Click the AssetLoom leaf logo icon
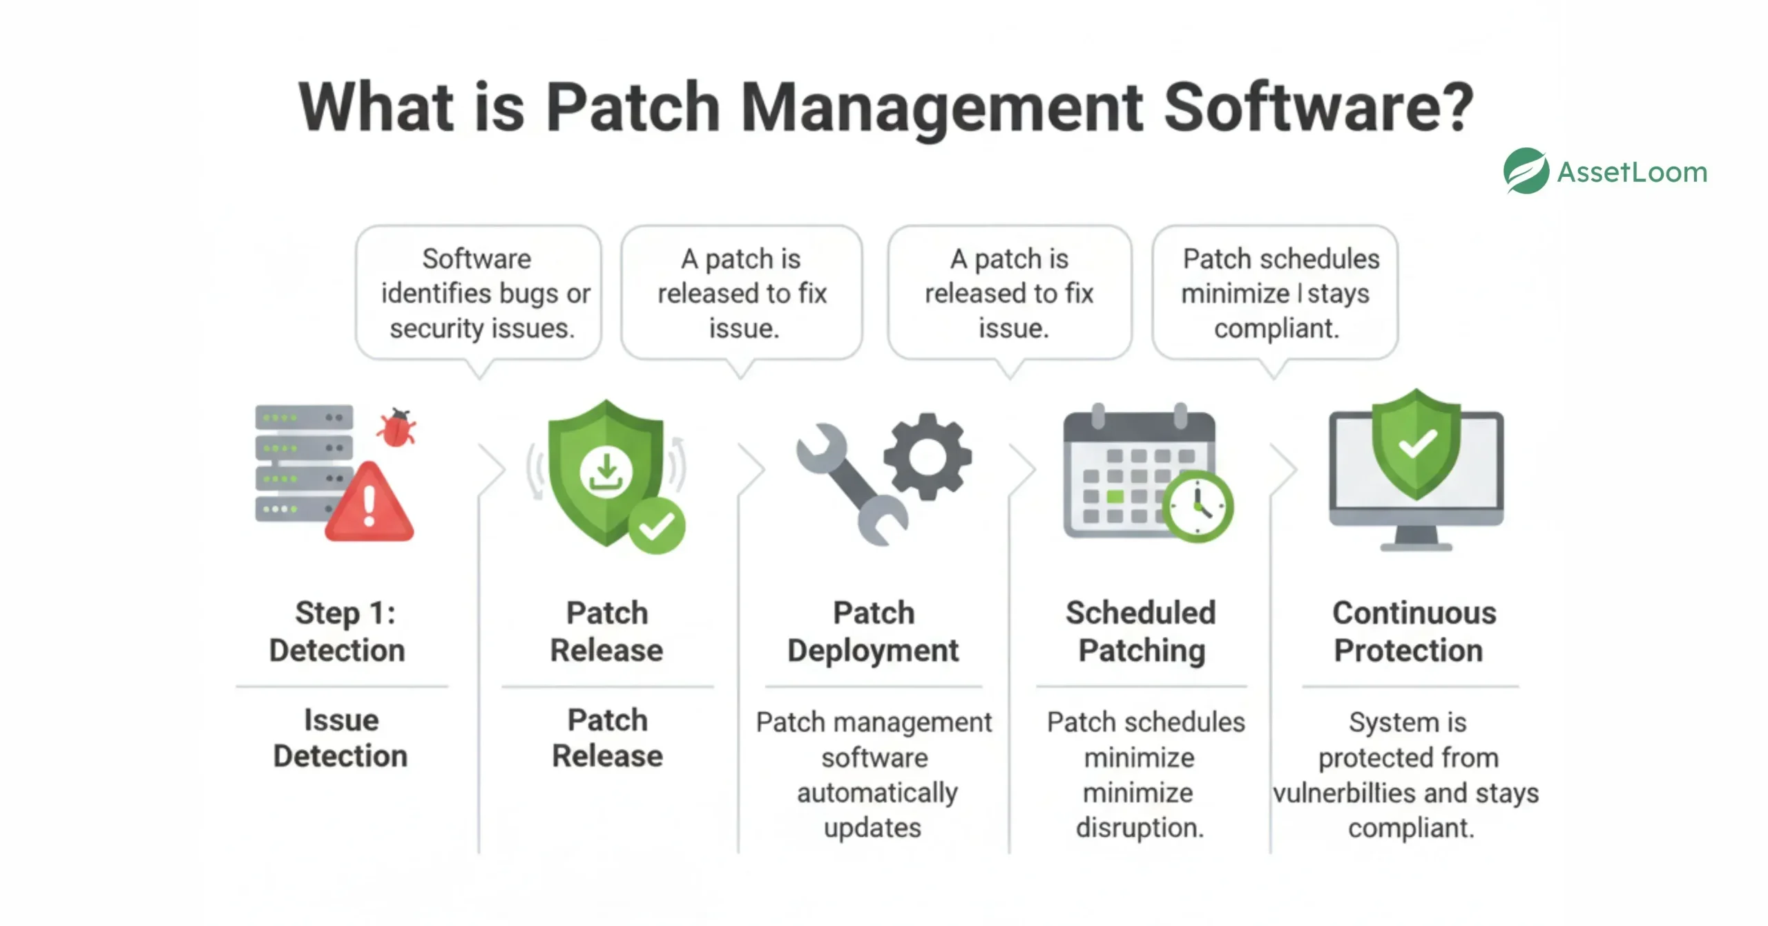1526,171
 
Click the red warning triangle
369,504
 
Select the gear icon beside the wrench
928,456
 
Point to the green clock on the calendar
1198,507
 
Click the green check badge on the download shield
656,526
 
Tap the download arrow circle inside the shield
606,473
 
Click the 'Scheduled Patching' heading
1141,631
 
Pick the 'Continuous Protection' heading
1412,631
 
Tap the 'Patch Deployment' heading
874,631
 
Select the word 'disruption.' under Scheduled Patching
1140,827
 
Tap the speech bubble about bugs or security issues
479,293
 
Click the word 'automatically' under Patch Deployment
877,793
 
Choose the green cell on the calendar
1115,496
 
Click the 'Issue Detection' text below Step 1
341,737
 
